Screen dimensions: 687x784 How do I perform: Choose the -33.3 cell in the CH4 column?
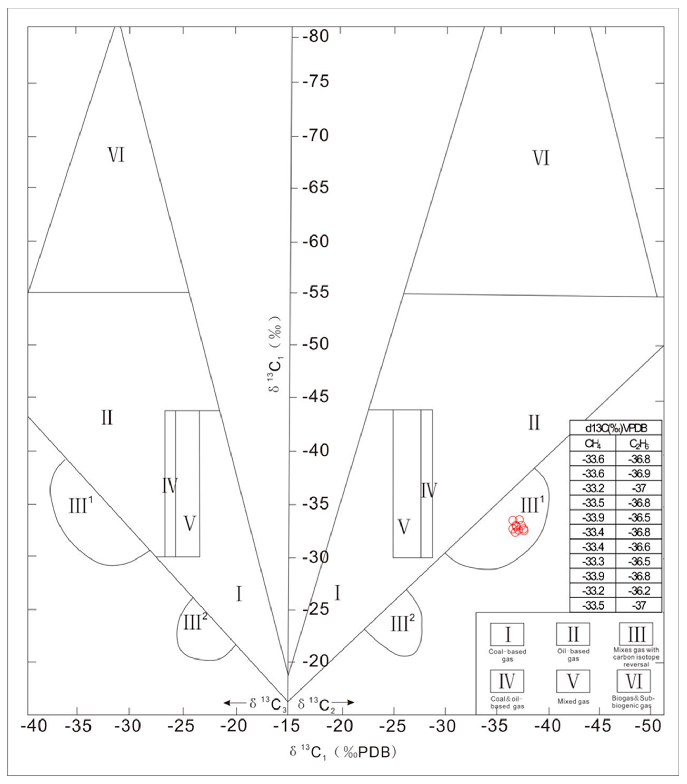[x=593, y=561]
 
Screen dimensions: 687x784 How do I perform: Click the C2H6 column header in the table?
[x=639, y=443]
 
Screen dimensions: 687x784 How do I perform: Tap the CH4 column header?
[x=593, y=443]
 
